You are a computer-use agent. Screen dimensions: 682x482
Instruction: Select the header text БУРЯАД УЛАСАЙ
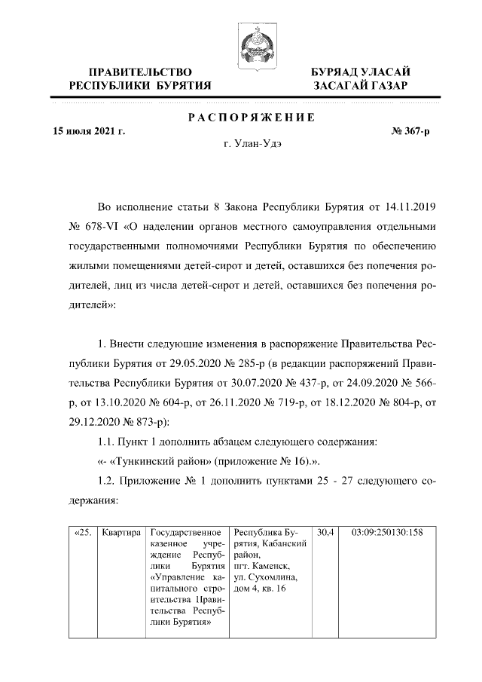[361, 71]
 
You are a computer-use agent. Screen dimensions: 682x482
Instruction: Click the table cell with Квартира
[121, 533]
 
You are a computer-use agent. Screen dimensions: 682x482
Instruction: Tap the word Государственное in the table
[185, 533]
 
